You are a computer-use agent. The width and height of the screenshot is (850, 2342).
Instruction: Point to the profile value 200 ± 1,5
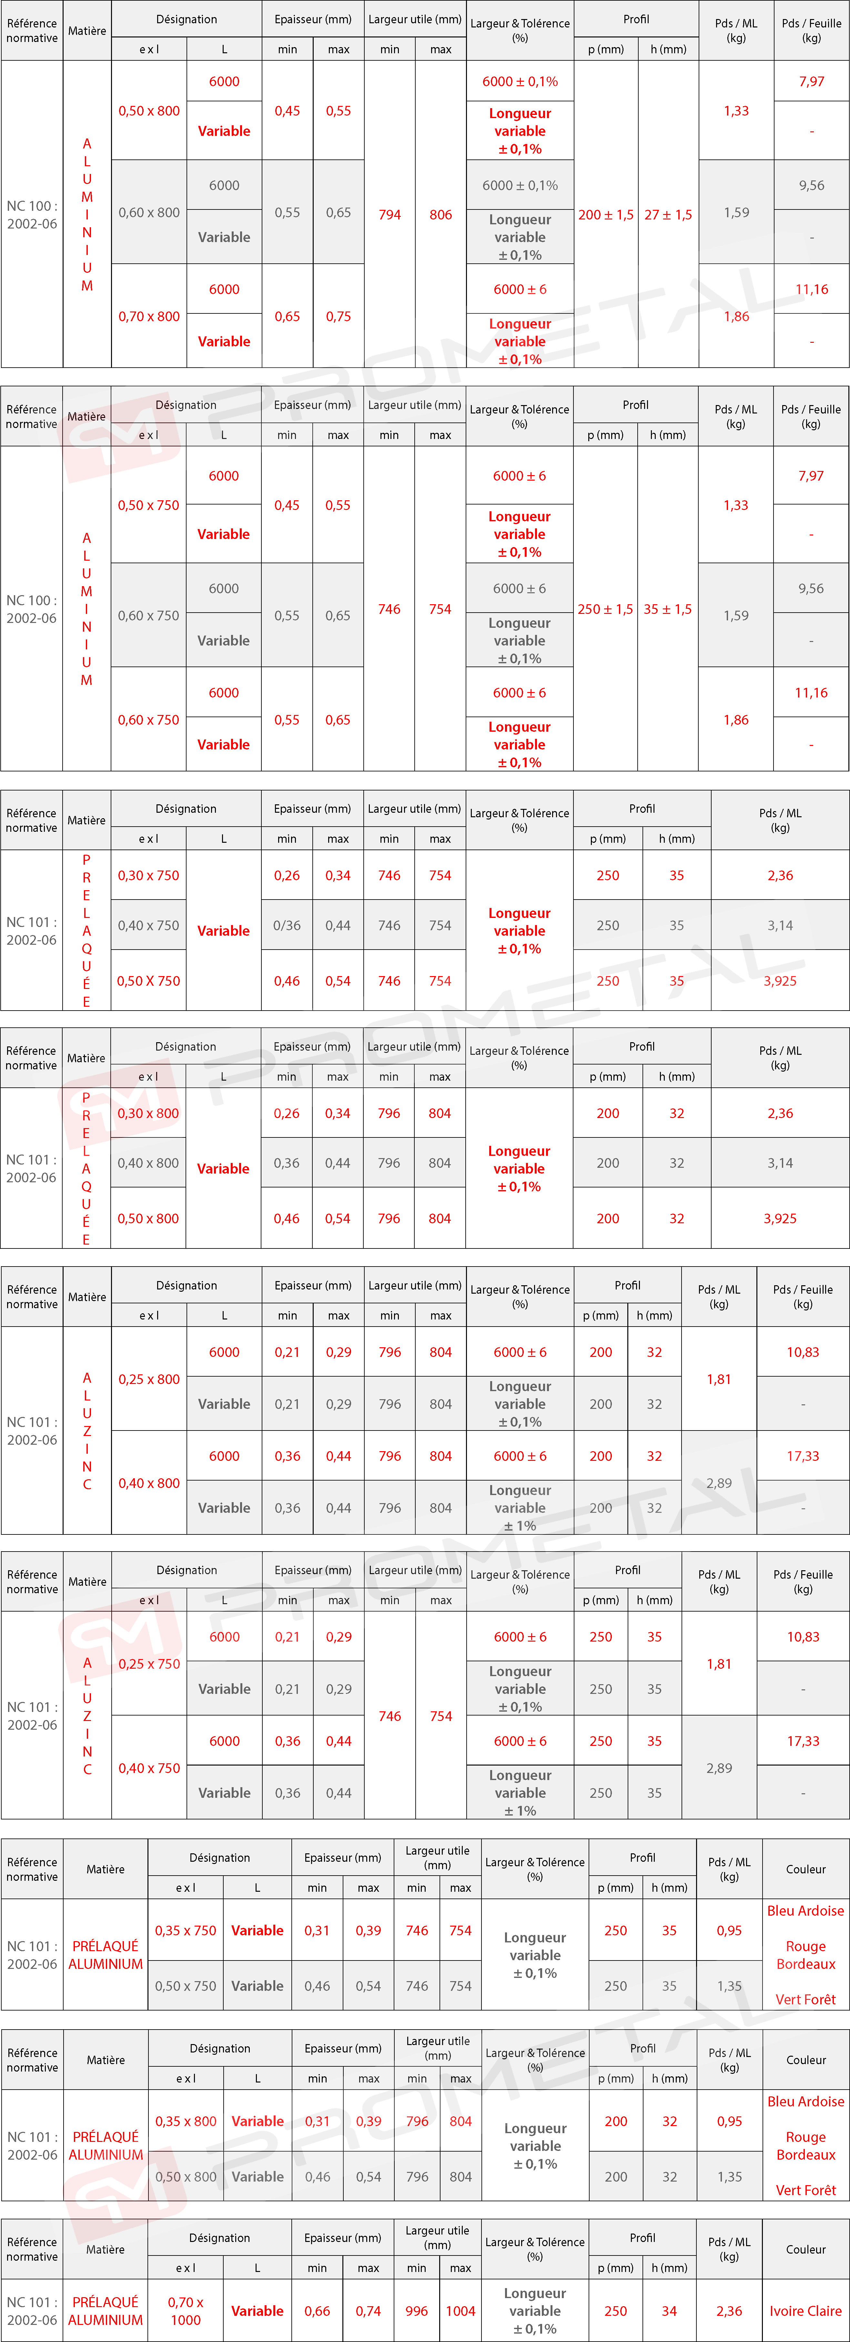point(605,215)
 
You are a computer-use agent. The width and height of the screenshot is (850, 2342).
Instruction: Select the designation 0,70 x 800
point(149,316)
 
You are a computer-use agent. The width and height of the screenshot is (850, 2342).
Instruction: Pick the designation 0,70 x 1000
point(186,2310)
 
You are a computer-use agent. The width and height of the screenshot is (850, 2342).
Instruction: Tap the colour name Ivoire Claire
point(805,2310)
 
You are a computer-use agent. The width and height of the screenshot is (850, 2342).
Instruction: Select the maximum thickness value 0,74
point(368,2310)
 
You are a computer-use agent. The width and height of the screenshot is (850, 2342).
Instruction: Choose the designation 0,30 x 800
point(148,1113)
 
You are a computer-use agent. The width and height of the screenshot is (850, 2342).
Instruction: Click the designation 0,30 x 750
point(148,876)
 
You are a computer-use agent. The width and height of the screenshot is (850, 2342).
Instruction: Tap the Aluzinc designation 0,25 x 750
point(149,1664)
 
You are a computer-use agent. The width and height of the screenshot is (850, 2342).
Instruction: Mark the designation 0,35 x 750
point(186,1930)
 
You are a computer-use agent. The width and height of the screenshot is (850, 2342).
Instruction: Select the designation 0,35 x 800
point(186,2121)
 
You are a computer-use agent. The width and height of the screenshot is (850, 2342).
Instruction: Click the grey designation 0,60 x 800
point(149,213)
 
